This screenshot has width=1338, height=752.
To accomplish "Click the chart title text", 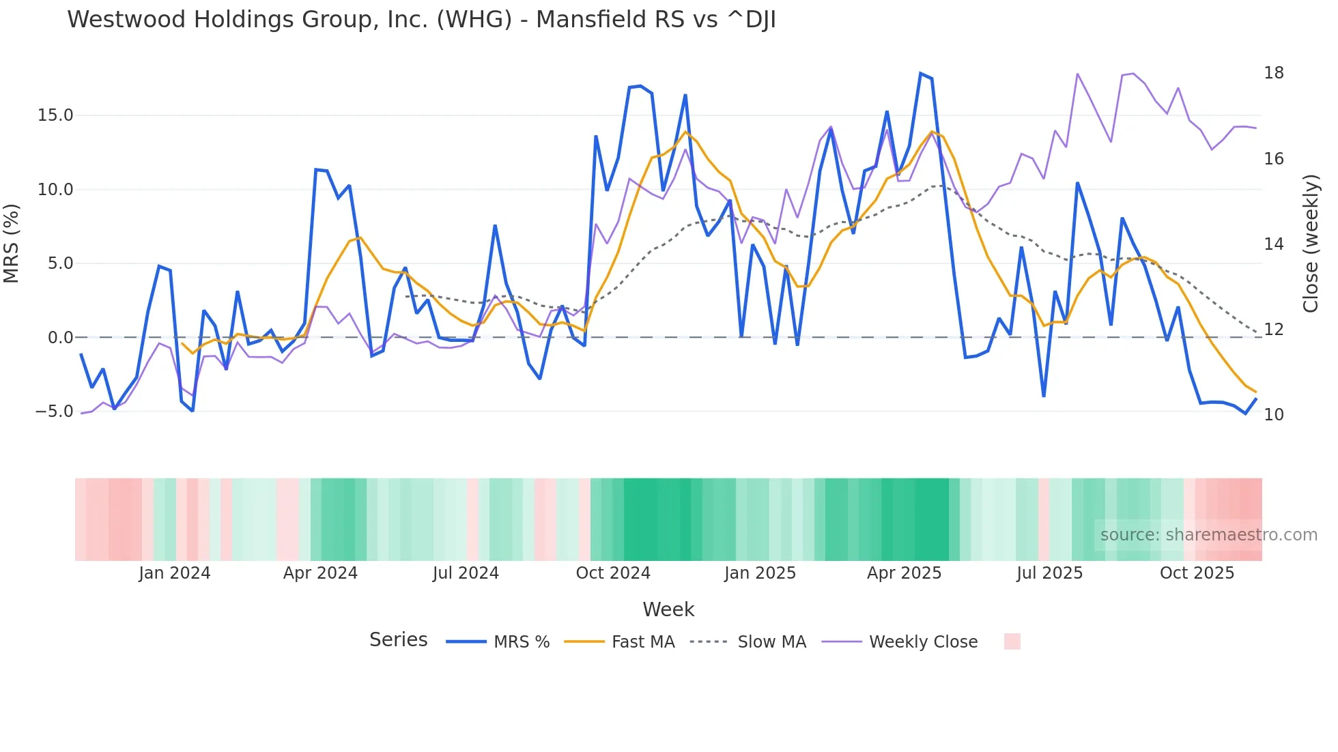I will point(421,20).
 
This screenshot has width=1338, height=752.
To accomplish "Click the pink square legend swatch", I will point(1012,641).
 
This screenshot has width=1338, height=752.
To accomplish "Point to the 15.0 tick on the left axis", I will point(55,115).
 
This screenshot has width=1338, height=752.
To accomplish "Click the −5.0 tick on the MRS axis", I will point(54,411).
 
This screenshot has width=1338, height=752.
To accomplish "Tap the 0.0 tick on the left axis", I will point(60,337).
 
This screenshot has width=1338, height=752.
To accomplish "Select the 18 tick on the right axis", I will point(1274,73).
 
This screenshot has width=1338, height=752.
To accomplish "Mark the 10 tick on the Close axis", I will point(1274,415).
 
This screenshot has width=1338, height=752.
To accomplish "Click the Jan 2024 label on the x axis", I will point(174,573).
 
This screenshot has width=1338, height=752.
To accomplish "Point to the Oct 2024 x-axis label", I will point(613,573).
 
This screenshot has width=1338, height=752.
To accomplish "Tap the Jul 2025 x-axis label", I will point(1049,573).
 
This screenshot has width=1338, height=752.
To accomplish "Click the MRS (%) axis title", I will point(12,243).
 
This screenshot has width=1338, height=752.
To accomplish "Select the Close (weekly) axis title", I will point(1311,243).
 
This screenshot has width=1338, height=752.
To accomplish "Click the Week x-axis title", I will point(668,609).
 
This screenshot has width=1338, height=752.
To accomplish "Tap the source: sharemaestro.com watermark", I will point(1208,535).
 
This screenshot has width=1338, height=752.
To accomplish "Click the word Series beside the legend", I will point(398,640).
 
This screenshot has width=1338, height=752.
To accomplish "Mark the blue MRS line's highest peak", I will point(920,73).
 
